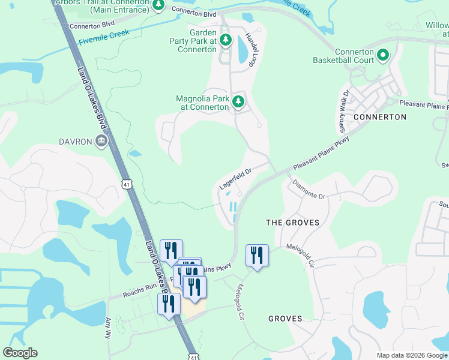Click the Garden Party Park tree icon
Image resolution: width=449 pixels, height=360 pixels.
225,40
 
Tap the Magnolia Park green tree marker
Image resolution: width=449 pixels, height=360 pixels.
238,101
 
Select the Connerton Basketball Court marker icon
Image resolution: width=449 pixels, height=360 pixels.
382,56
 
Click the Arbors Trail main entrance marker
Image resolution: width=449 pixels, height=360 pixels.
158,5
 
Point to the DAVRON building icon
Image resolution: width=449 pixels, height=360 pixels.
101,142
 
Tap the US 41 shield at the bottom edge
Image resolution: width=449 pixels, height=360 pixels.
191,355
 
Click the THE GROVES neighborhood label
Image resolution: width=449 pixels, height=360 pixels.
292,223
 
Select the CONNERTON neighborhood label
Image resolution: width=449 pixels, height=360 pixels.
379,116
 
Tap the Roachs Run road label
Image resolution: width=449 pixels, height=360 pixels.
140,290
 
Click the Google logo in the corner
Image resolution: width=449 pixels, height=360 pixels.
20,353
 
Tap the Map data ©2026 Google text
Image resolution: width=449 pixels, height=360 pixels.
411,355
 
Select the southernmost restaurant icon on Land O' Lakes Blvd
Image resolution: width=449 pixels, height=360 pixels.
169,304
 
